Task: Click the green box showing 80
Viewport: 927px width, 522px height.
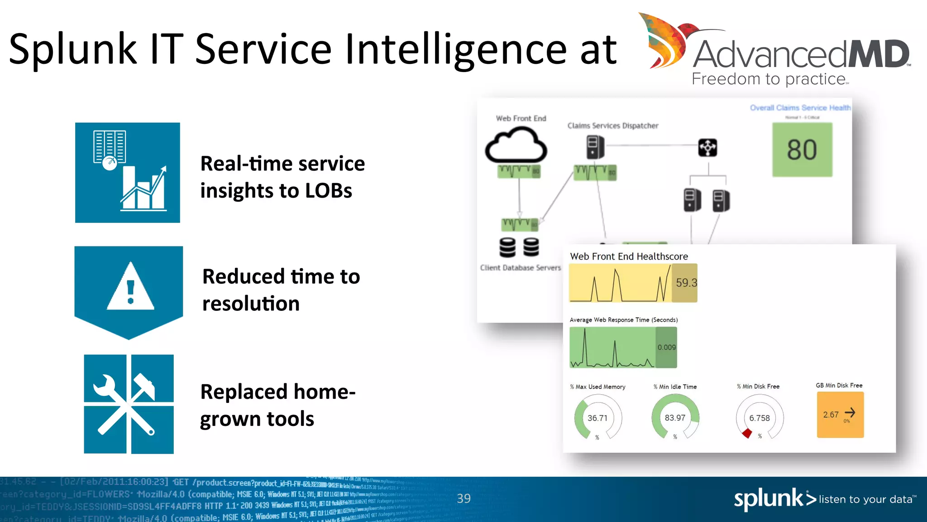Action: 802,150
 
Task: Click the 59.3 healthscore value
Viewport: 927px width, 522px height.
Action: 685,283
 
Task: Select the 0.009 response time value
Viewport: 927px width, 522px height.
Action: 666,348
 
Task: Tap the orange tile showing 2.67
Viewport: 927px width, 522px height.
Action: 840,415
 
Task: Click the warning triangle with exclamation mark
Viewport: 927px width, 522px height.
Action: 130,287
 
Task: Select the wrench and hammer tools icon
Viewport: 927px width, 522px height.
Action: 129,404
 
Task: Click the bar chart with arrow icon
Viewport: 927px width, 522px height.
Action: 128,173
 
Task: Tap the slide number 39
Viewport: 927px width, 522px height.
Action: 463,498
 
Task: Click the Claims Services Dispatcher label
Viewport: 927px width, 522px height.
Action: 613,126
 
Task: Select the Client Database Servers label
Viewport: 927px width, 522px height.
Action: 520,268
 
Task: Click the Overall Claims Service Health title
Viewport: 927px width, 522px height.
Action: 800,108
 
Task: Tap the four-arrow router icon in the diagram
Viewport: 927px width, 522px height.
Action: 707,148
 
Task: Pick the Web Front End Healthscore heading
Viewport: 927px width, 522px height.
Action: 629,256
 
